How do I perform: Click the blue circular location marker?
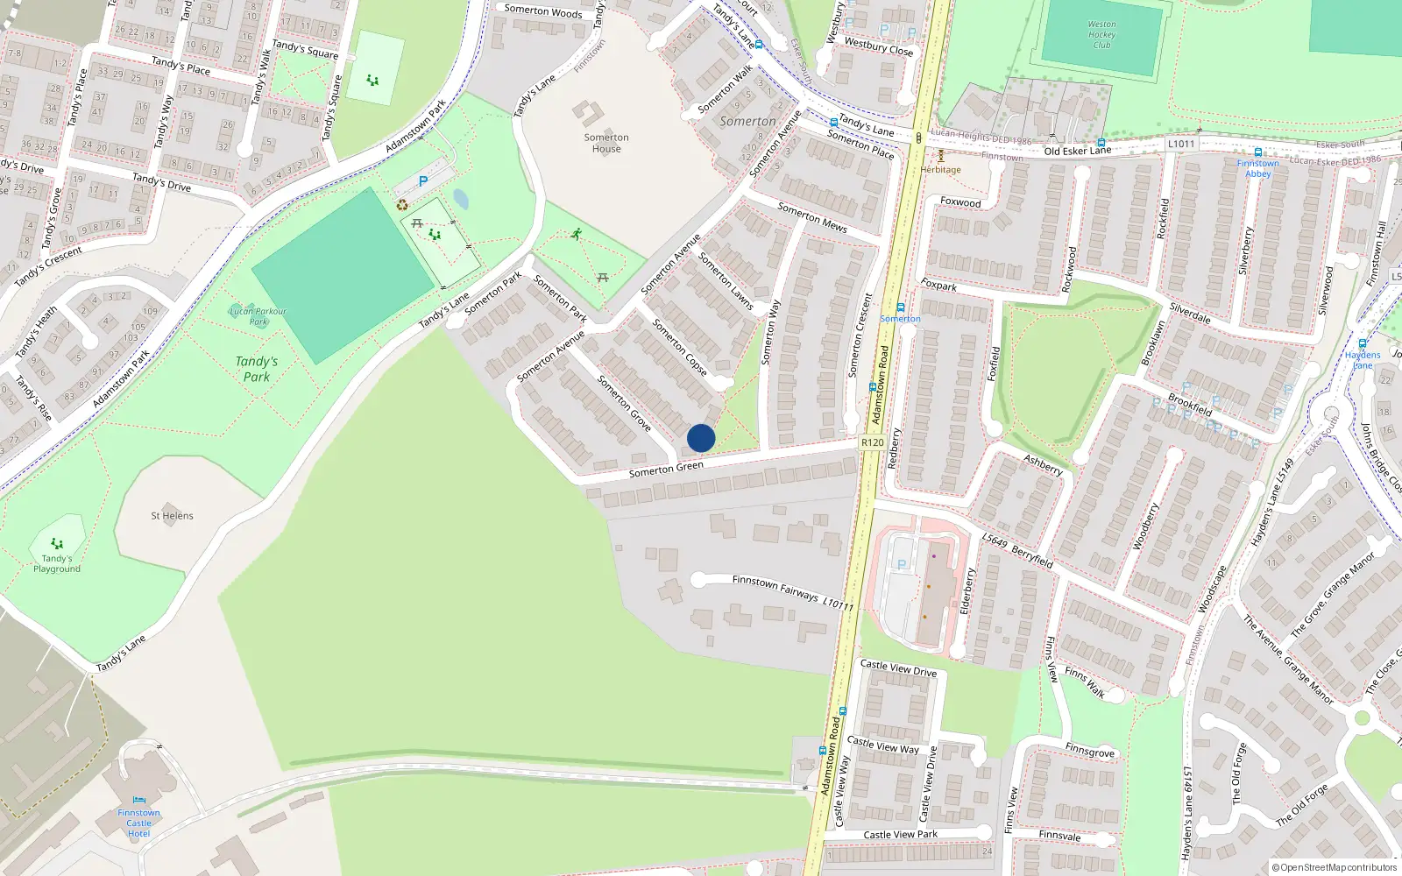click(701, 438)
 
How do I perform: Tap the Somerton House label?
click(606, 143)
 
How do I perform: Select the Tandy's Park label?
click(257, 369)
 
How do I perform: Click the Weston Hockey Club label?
click(1101, 35)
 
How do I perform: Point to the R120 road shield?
click(873, 442)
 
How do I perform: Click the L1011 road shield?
click(1181, 144)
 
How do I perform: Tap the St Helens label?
click(172, 516)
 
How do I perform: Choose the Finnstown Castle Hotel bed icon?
click(139, 800)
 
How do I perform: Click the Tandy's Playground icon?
click(57, 544)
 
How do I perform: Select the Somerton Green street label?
click(666, 470)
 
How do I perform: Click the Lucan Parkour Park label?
click(258, 315)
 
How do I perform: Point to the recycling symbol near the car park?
click(402, 205)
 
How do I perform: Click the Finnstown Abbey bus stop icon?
click(1258, 152)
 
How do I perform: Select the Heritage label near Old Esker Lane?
click(941, 170)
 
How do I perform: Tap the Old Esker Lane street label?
click(1077, 151)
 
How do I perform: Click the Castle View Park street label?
click(900, 835)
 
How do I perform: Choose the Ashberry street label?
click(1044, 464)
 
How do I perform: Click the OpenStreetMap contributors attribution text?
click(1334, 867)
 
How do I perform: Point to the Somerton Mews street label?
click(812, 217)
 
